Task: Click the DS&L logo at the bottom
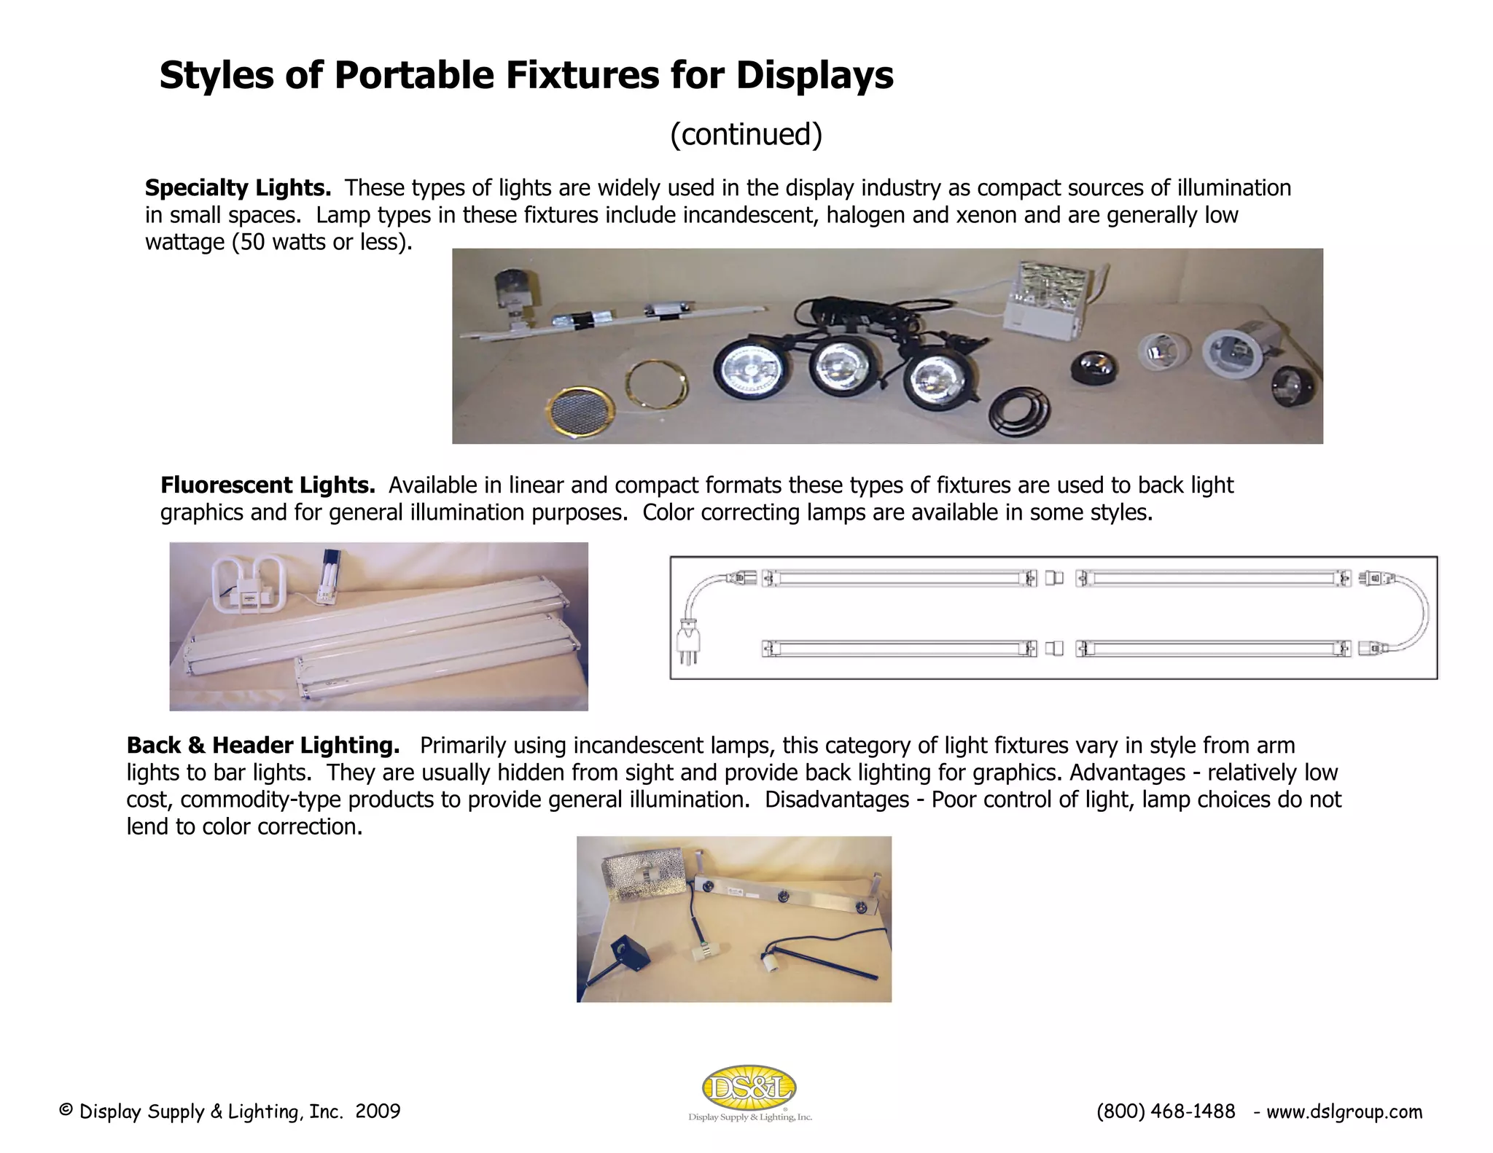749,1090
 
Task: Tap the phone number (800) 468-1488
1166,1111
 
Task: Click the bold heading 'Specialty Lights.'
238,188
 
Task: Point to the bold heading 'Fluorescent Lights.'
268,485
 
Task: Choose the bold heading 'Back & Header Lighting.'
262,746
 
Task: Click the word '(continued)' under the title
746,134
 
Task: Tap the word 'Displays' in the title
814,75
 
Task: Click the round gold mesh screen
580,412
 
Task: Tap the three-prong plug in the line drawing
688,641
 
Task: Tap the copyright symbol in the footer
66,1111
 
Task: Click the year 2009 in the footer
378,1111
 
